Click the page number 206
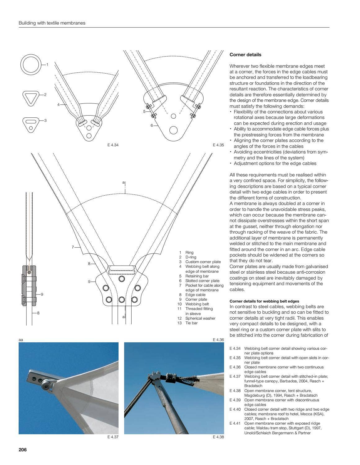click(23, 449)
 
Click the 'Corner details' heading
click(245, 55)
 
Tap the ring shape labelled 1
click(31, 65)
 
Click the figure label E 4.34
click(113, 145)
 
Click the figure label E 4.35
click(218, 145)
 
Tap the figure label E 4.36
click(218, 340)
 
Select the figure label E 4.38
click(218, 437)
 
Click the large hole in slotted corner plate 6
click(173, 130)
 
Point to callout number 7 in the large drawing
click(73, 247)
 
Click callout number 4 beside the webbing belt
click(58, 105)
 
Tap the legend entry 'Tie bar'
click(191, 323)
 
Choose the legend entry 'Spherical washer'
click(200, 318)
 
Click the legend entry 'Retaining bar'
click(197, 276)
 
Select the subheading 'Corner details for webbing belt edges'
click(264, 301)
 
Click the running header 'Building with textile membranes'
click(52, 23)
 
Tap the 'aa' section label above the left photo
click(21, 340)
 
